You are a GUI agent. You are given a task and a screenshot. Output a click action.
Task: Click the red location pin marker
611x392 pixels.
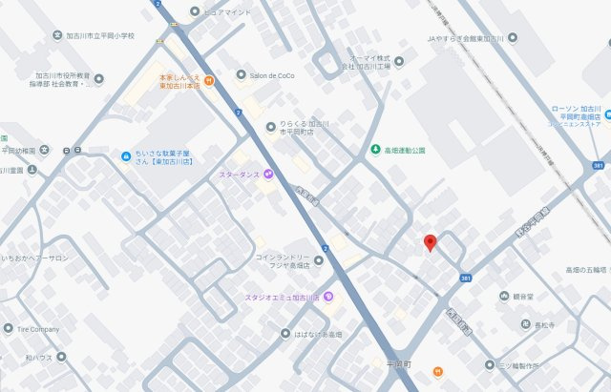point(430,242)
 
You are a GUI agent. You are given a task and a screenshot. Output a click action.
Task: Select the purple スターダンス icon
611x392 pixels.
point(269,174)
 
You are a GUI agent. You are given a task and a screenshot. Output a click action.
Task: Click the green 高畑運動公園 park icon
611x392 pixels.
point(374,150)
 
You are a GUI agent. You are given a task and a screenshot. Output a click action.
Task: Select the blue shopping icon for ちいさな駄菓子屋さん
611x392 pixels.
point(125,155)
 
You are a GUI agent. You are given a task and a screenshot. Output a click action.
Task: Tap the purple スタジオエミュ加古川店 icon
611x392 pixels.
point(328,297)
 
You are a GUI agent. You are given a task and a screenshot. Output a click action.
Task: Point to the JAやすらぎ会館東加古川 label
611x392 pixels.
point(465,39)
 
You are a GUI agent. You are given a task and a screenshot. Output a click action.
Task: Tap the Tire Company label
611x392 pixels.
point(34,329)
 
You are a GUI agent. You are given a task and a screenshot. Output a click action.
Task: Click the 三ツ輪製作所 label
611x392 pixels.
point(525,364)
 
